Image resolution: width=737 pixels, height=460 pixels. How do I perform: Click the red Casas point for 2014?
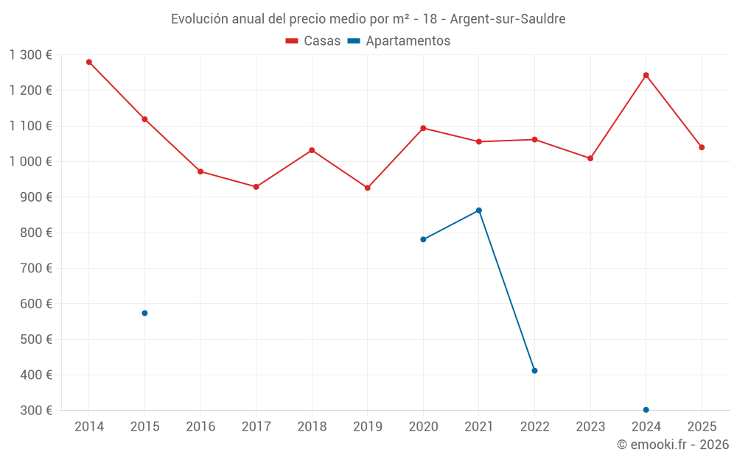coord(89,62)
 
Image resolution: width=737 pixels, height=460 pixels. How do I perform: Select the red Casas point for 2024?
coord(646,75)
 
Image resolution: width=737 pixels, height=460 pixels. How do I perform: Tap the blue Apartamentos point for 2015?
coord(144,313)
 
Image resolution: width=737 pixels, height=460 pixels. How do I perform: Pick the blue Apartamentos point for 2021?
coord(479,210)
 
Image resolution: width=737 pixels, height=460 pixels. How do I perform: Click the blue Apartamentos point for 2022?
coord(534,370)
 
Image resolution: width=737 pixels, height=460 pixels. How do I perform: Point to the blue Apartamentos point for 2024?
coord(646,409)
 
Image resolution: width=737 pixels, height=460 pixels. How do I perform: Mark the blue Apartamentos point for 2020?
coord(423,239)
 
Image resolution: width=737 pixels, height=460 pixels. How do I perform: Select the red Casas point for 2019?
coord(367,188)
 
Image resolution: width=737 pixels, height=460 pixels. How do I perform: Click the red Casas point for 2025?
coord(702,147)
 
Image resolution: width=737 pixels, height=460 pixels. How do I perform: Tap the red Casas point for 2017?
coord(256,187)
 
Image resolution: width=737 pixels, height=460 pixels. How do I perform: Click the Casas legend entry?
coord(313,41)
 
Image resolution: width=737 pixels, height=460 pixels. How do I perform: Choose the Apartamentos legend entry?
coord(399,41)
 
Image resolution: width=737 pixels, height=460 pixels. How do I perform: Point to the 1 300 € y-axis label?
coord(31,54)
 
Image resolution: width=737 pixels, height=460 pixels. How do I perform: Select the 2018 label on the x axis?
coord(312,426)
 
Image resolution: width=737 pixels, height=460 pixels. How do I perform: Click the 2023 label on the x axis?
coord(590,426)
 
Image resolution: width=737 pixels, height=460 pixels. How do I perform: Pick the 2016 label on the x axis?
coord(200,426)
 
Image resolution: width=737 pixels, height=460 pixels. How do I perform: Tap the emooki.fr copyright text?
coord(673,445)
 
